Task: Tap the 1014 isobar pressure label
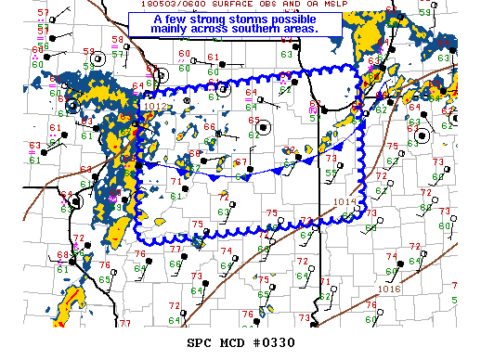tap(344, 201)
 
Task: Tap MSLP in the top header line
tap(330, 5)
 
